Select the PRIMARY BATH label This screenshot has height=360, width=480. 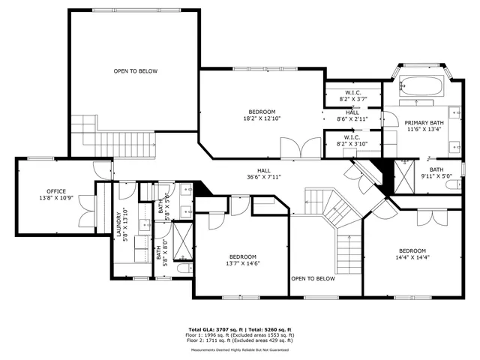(x=424, y=123)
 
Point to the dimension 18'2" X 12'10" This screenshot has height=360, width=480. (x=262, y=118)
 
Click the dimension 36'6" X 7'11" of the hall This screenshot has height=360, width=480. (x=264, y=178)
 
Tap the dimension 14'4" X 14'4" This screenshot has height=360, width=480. (x=412, y=257)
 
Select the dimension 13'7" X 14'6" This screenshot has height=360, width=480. (x=242, y=263)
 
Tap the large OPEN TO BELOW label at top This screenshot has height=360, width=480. (x=135, y=71)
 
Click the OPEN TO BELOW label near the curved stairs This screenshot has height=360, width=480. (x=313, y=278)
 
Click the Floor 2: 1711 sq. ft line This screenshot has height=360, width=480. (x=240, y=340)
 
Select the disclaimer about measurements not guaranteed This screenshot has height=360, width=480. (x=240, y=349)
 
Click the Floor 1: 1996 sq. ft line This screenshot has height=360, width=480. (x=240, y=335)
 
